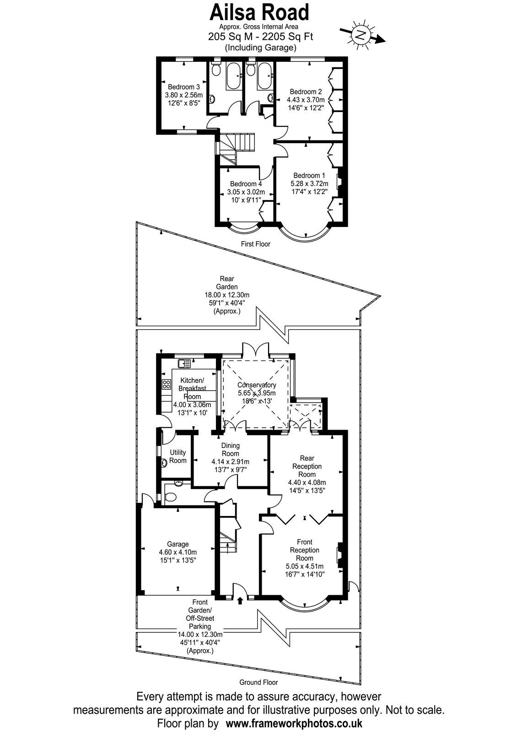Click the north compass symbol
coord(361,35)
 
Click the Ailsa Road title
coord(259,12)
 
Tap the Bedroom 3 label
coord(183,87)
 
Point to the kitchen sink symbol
coord(184,363)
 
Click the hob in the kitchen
coord(167,384)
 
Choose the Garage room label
coord(178,544)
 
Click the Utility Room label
coord(178,457)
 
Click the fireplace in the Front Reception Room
coord(340,555)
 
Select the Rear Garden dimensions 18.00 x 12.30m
coord(227,295)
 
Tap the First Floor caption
coord(256,244)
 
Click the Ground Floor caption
coord(258,682)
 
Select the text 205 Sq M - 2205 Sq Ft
coord(260,36)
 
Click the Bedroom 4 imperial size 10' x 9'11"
coord(246,200)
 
